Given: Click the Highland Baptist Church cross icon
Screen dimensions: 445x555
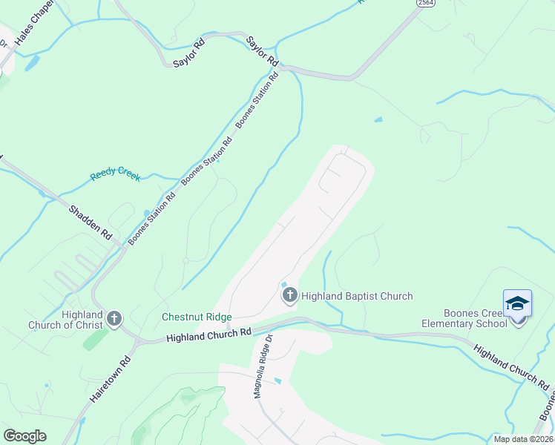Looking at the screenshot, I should pos(289,296).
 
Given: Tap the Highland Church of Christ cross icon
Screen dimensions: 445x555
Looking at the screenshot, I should pos(114,318).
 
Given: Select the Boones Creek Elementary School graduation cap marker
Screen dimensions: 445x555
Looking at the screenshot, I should pos(517,304).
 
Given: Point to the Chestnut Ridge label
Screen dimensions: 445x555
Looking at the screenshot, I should pos(197,317).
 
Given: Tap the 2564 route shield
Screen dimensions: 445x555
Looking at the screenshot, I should pos(425,3).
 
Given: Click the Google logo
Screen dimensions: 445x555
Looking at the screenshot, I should pos(24,436).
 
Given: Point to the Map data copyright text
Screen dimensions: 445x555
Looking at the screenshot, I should pos(523,439).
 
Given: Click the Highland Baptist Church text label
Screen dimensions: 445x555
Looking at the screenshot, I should pos(357,297).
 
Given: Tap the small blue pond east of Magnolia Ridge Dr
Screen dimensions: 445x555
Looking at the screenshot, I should pos(277,380).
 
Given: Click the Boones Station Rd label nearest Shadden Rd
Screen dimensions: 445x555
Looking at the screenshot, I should pos(151,215).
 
